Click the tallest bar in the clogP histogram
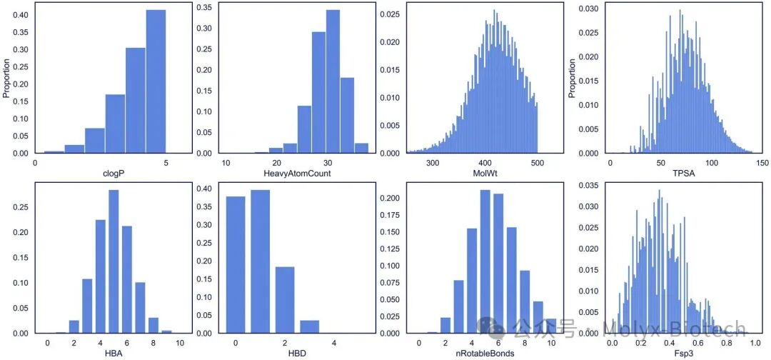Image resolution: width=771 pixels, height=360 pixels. click(x=156, y=81)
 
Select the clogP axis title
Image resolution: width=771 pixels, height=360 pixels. click(x=113, y=173)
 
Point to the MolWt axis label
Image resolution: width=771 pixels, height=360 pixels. click(x=484, y=173)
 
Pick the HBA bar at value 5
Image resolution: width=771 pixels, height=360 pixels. click(x=114, y=261)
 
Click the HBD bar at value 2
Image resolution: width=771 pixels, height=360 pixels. click(x=285, y=300)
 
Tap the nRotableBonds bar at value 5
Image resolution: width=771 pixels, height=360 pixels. click(x=485, y=261)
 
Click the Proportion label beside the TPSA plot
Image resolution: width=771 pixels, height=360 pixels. click(x=573, y=78)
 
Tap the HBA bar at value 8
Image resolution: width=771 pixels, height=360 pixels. click(x=153, y=326)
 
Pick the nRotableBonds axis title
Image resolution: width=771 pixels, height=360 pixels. click(x=484, y=352)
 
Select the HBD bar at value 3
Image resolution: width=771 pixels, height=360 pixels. click(x=309, y=327)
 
